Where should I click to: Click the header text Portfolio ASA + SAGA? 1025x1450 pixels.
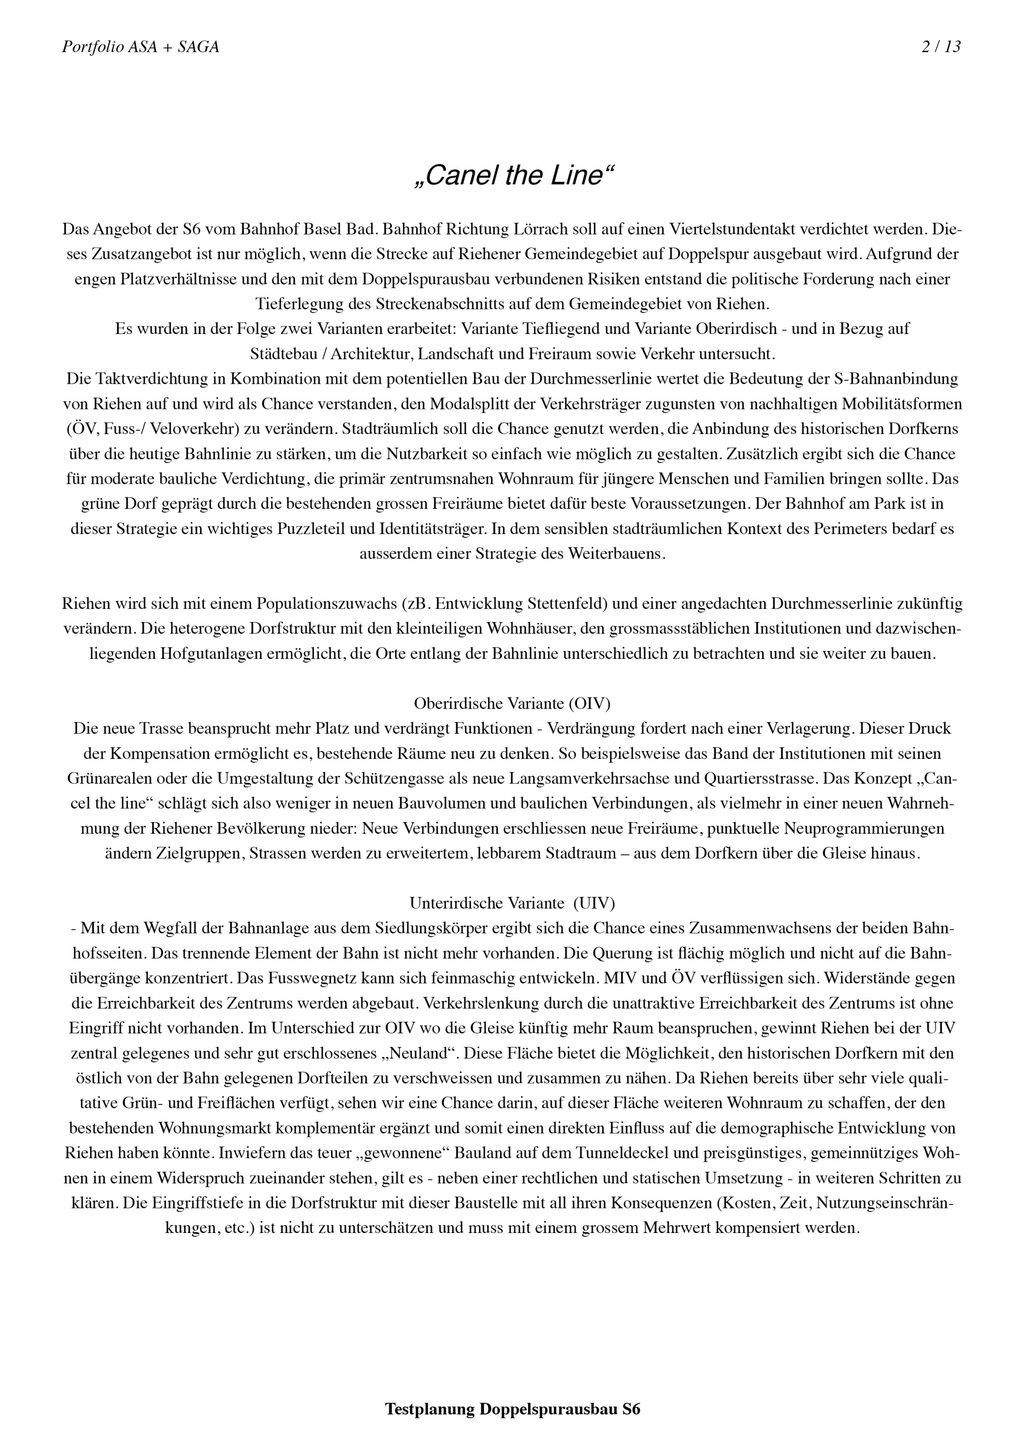[140, 47]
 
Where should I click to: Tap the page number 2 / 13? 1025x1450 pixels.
[941, 47]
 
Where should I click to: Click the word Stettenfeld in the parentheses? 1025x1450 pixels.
[561, 604]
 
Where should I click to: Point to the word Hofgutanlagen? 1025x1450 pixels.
[211, 653]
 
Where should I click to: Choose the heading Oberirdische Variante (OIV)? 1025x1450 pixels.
[512, 704]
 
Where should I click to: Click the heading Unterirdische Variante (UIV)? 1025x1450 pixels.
[512, 903]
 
